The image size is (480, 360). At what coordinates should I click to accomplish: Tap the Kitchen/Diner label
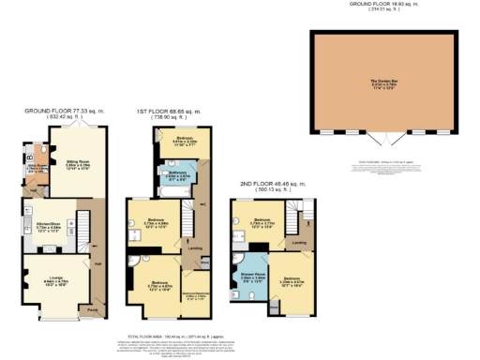point(48,226)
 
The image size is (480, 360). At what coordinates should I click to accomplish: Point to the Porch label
point(92,308)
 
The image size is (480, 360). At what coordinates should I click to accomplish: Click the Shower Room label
point(254,278)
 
